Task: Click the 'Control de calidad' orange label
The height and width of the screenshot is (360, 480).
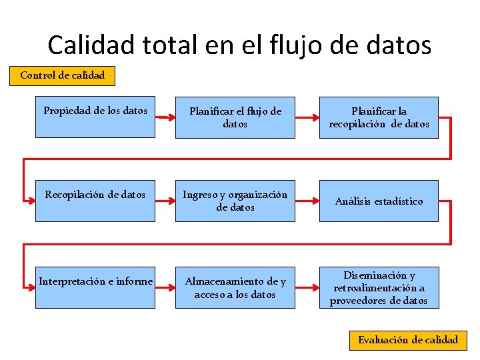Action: click(x=62, y=75)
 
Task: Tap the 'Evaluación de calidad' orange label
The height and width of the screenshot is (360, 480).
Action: click(x=408, y=340)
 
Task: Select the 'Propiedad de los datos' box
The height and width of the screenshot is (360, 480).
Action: click(x=95, y=117)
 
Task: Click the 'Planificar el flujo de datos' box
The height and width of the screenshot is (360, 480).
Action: click(x=235, y=117)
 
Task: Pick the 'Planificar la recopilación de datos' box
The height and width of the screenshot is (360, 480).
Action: click(x=379, y=117)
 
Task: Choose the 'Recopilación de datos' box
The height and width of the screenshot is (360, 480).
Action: click(x=95, y=201)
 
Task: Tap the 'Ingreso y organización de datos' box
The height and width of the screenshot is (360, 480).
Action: click(x=235, y=201)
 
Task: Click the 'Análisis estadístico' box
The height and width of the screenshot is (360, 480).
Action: click(x=379, y=201)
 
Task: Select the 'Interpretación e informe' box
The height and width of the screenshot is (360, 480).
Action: click(x=95, y=287)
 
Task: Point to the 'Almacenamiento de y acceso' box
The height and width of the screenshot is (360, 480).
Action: click(x=235, y=287)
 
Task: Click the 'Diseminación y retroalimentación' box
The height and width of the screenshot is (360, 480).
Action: click(x=379, y=287)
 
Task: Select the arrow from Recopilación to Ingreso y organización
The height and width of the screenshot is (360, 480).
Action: click(x=165, y=200)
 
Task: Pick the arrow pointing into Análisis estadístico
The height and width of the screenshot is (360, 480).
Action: click(x=307, y=200)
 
